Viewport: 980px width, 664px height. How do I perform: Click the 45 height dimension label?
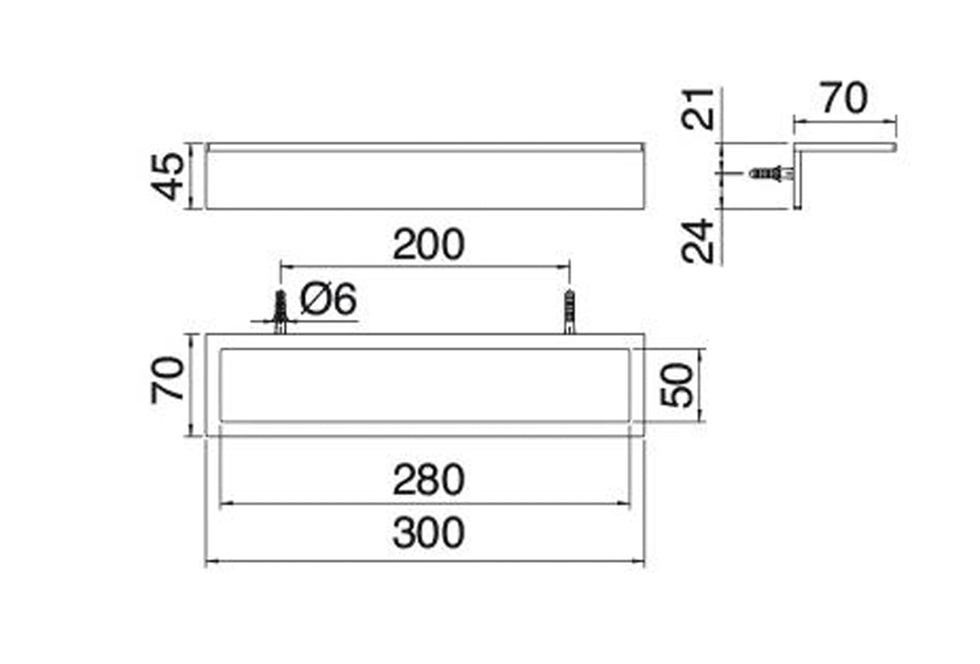pos(168,176)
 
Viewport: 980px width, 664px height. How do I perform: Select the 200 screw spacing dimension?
pos(429,245)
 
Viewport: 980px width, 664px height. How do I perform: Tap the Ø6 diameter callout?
pos(328,299)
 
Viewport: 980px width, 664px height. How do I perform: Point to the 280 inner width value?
pos(429,480)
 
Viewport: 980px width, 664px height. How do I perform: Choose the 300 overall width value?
pos(429,533)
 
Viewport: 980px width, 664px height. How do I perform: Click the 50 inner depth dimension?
pos(678,385)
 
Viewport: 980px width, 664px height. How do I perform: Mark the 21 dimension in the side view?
pos(699,109)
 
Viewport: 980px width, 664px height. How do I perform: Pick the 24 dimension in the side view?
pos(699,240)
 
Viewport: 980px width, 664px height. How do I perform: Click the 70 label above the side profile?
pos(844,98)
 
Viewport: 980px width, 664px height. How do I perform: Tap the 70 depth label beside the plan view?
pos(168,380)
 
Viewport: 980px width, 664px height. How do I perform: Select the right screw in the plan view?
pos(569,312)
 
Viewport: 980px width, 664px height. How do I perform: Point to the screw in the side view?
pos(770,174)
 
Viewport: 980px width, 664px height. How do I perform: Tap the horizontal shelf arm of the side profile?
pos(848,147)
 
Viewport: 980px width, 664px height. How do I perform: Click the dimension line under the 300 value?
pos(425,562)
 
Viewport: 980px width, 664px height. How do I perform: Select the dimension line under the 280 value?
pos(425,503)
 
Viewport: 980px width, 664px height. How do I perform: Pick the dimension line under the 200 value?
pos(425,267)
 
